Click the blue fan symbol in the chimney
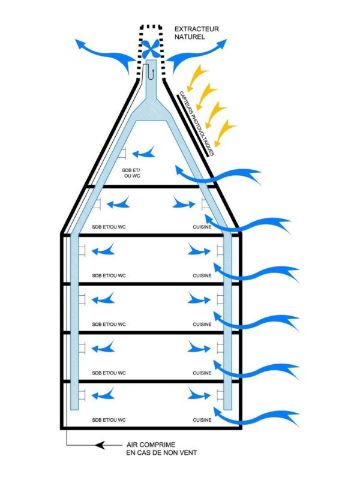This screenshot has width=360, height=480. pos(150,49)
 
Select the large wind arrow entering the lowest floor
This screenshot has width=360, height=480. pos(269,416)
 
